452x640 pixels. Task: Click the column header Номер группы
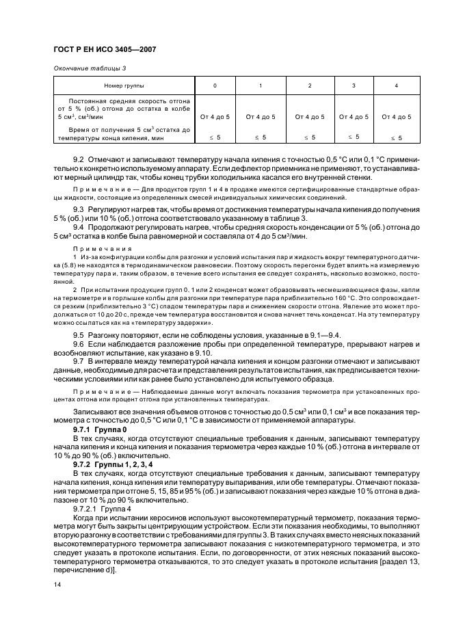[122, 85]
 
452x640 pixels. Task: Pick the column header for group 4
[396, 85]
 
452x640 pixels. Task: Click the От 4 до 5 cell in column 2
[309, 117]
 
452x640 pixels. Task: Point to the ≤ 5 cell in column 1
[260, 137]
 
